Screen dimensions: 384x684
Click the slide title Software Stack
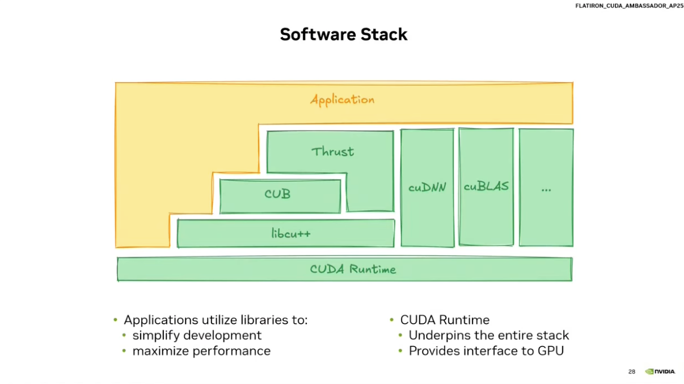343,34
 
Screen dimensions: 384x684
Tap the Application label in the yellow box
342,100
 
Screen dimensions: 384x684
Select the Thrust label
332,152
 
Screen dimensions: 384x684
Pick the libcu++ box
285,233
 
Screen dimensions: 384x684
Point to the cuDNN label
427,187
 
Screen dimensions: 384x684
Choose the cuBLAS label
486,186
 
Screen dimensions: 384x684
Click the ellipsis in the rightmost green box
546,189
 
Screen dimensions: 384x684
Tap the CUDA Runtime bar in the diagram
344,269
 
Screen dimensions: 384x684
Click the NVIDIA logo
660,372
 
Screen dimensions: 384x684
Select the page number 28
631,372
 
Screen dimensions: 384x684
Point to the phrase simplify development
197,335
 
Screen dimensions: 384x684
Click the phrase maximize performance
201,351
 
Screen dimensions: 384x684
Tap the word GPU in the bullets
550,351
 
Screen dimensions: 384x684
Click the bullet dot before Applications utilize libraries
116,321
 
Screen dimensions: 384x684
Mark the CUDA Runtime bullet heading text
445,320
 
